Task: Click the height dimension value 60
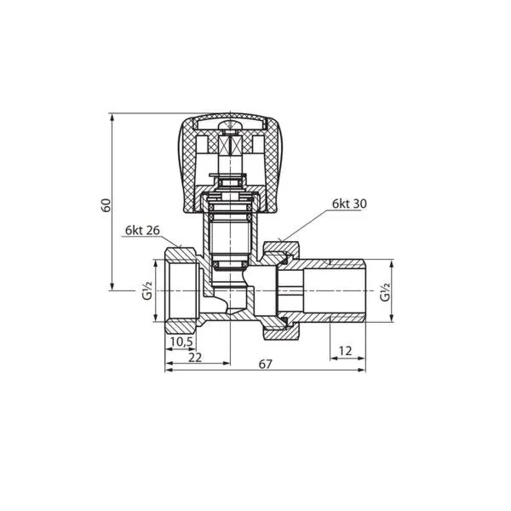pyautogui.click(x=106, y=204)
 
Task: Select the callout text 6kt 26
pyautogui.click(x=142, y=231)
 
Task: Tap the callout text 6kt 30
pyautogui.click(x=349, y=204)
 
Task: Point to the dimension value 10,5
pyautogui.click(x=182, y=342)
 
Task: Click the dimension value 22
pyautogui.click(x=195, y=357)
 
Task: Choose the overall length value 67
pyautogui.click(x=265, y=364)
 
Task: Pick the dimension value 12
pyautogui.click(x=345, y=351)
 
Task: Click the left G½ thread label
pyautogui.click(x=147, y=290)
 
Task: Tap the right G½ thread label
pyautogui.click(x=385, y=291)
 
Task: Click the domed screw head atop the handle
pyautogui.click(x=230, y=125)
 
